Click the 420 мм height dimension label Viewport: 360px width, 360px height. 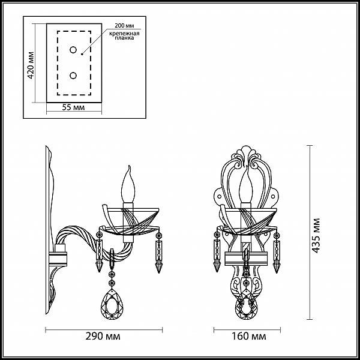[31, 65]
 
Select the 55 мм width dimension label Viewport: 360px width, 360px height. [73, 107]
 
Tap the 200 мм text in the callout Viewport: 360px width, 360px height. [124, 25]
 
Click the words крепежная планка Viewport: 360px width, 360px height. [124, 35]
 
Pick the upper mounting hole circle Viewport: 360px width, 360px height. [73, 50]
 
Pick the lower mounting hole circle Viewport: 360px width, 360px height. [73, 76]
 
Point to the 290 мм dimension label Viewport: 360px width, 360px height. [103, 336]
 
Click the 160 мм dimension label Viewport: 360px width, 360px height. [248, 336]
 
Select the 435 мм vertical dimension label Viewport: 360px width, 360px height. [316, 236]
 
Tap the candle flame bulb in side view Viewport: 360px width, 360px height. [128, 184]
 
